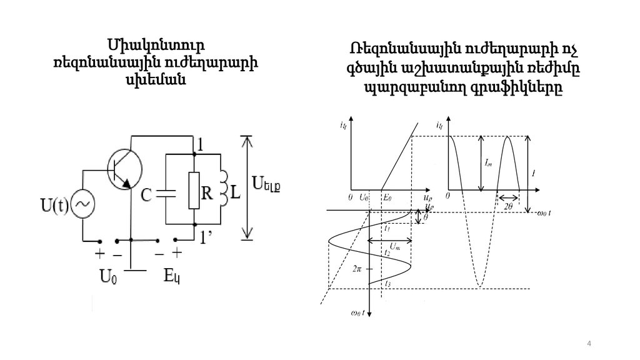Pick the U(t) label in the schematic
click(54, 203)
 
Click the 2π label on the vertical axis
click(357, 267)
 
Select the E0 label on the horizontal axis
click(387, 197)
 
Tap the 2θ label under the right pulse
click(507, 204)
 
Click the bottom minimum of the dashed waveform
click(479, 286)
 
